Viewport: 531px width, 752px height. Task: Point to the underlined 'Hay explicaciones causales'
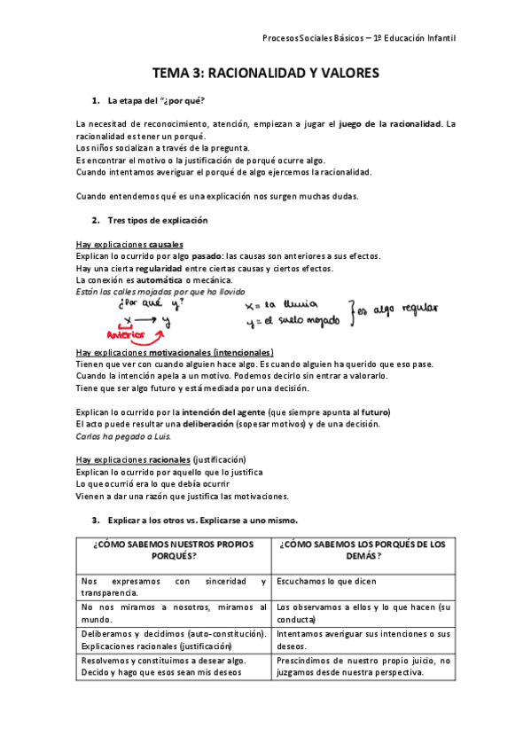click(x=130, y=244)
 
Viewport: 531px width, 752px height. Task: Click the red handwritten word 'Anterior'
click(x=125, y=334)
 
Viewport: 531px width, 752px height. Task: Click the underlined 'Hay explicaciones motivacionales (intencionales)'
click(x=175, y=352)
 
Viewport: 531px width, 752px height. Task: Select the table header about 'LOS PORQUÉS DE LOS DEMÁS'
click(x=363, y=550)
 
